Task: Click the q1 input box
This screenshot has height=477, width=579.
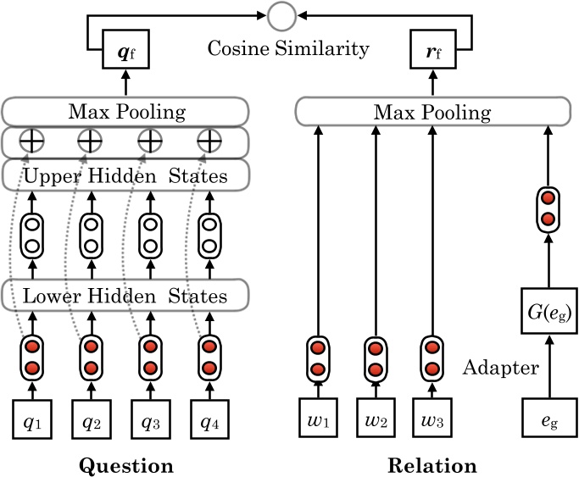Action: tap(31, 421)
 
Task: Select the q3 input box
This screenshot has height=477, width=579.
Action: tap(150, 421)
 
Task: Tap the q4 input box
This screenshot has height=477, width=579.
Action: tap(209, 421)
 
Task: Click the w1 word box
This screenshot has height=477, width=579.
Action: tap(317, 421)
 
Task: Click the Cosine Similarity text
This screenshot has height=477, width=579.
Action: tap(289, 48)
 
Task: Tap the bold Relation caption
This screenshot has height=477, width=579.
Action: tap(431, 465)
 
